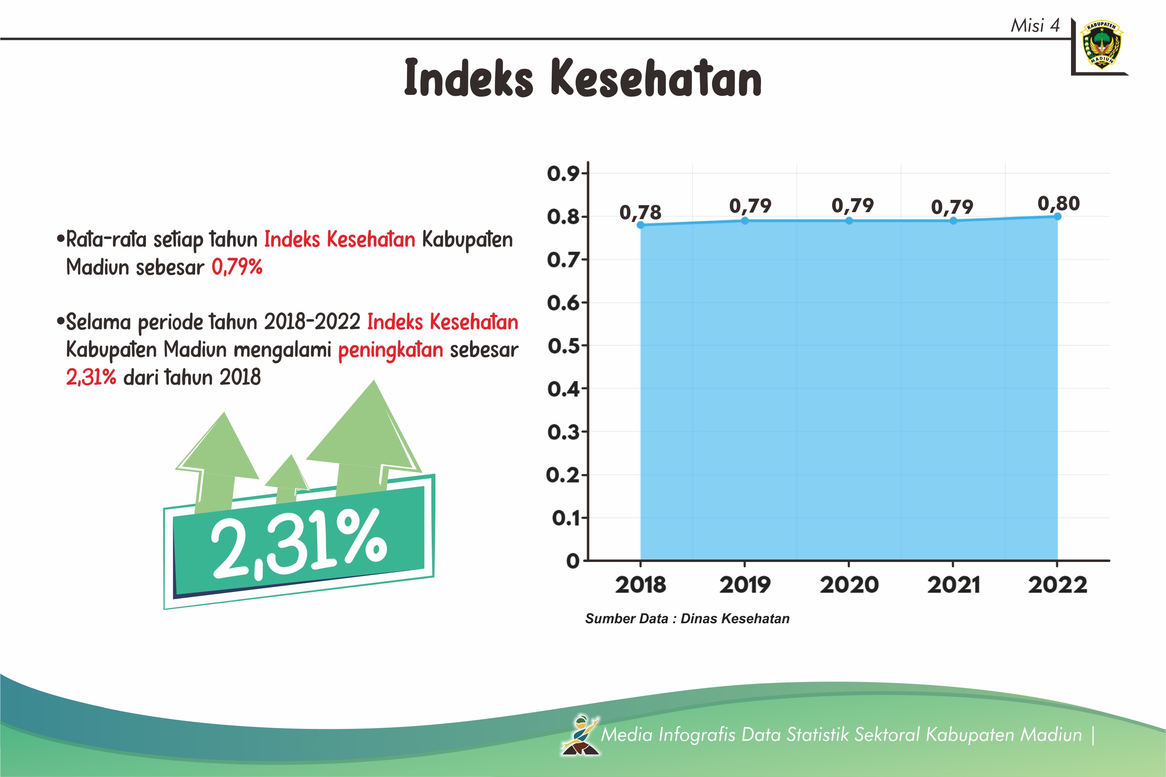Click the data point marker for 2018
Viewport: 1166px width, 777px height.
click(x=640, y=225)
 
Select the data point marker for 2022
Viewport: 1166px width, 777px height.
click(x=1057, y=217)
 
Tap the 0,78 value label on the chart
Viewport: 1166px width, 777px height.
click(x=640, y=213)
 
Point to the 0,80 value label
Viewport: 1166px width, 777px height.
click(x=1058, y=203)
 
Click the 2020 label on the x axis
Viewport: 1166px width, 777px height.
click(x=849, y=585)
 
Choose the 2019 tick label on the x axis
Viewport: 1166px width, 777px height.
click(x=745, y=585)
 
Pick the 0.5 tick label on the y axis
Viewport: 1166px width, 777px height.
click(x=563, y=346)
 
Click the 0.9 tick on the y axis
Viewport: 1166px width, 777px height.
click(x=563, y=173)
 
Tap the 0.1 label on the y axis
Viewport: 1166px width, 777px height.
click(x=565, y=518)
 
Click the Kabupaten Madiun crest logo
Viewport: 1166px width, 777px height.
click(x=1101, y=44)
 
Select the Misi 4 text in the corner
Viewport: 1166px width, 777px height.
click(x=1035, y=25)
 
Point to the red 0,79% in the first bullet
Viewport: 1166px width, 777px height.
click(x=237, y=267)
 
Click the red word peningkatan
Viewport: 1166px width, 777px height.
click(x=391, y=350)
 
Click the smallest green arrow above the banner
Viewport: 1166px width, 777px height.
click(x=287, y=477)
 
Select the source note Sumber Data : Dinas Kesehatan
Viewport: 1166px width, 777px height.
click(x=687, y=618)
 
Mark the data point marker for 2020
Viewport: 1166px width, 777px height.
click(x=849, y=220)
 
